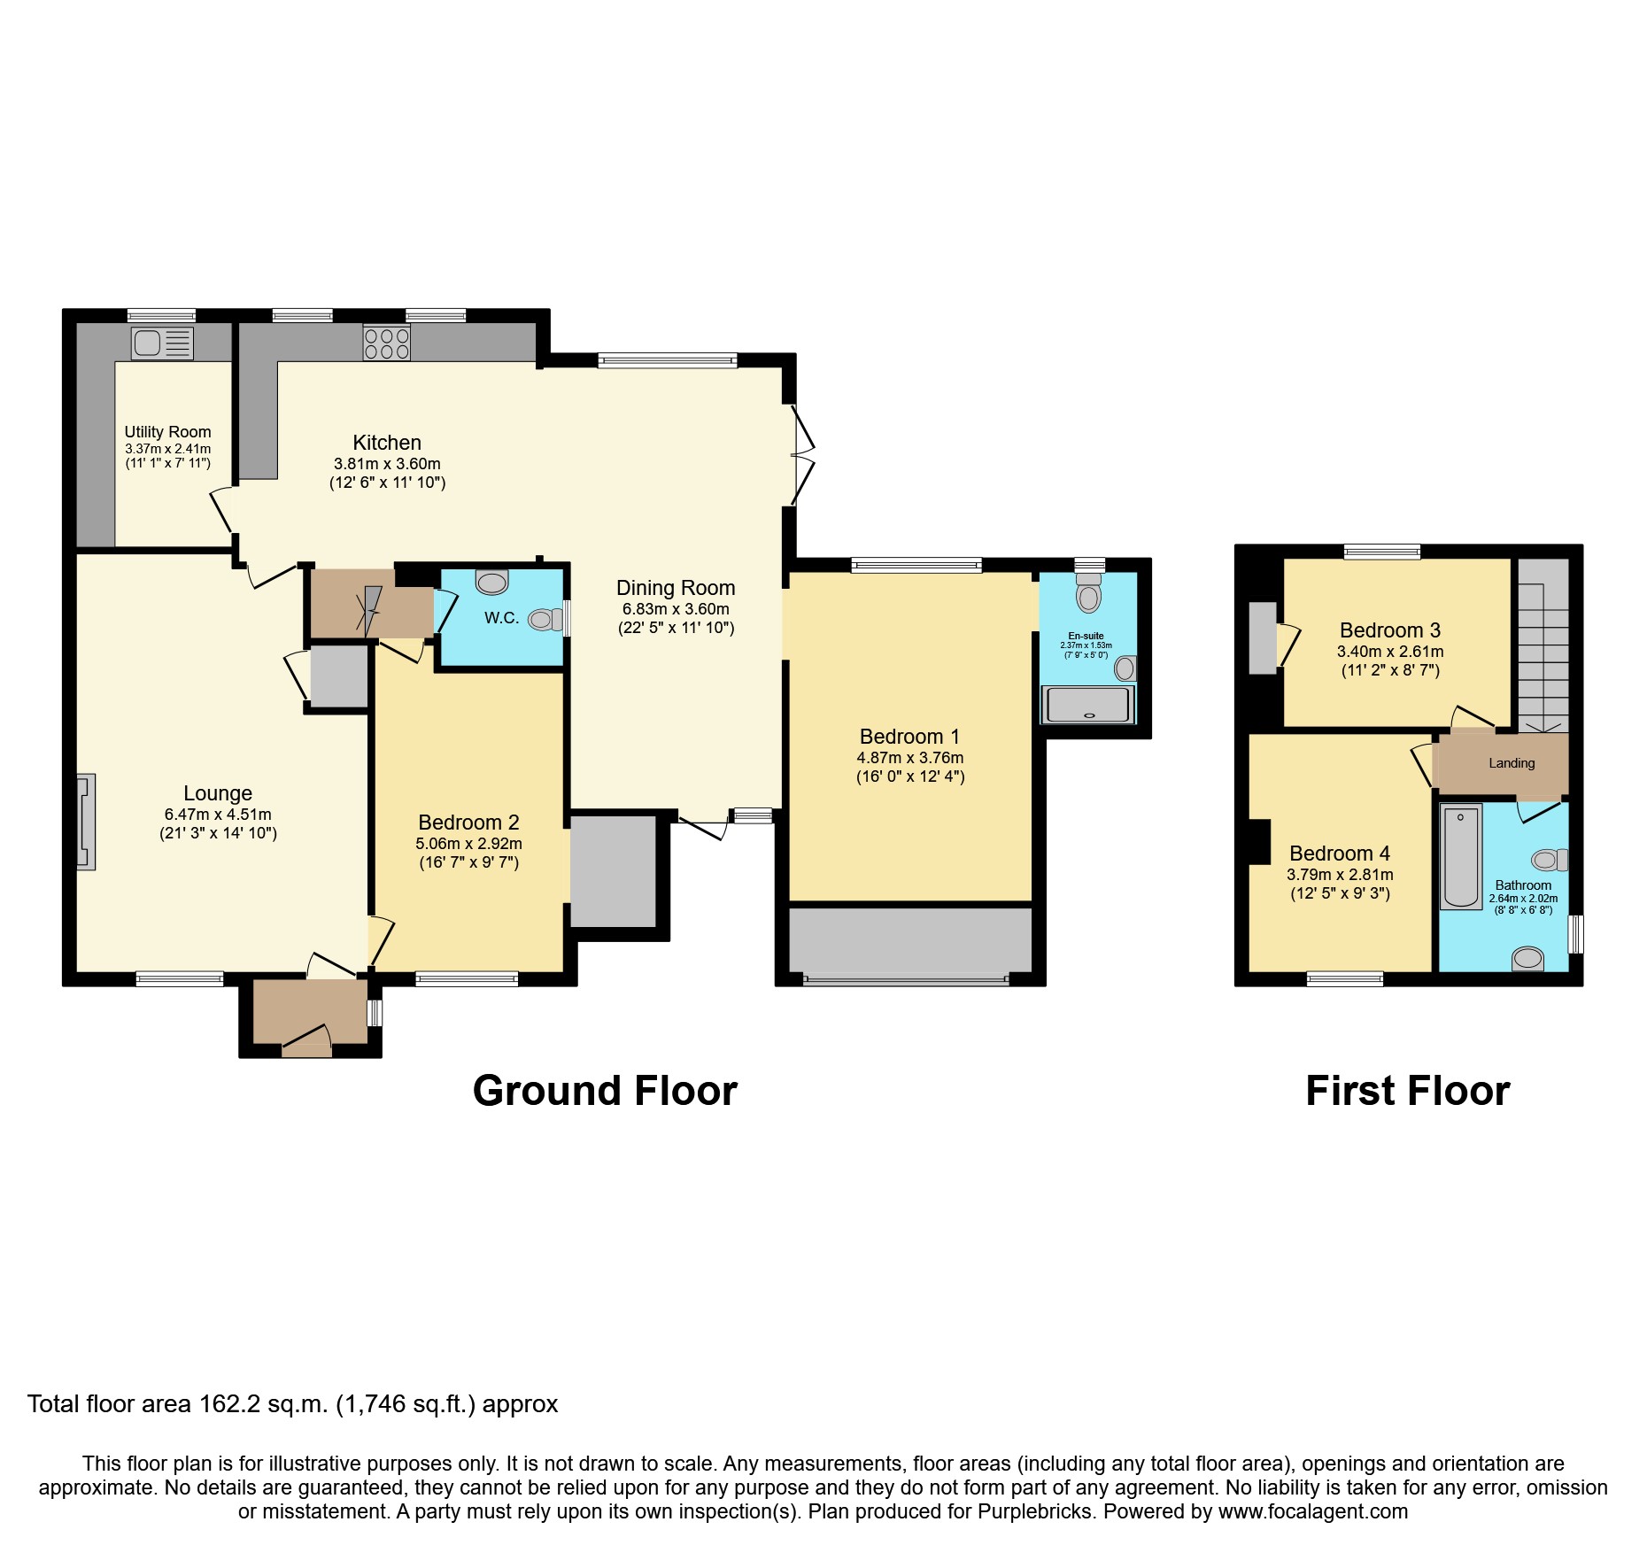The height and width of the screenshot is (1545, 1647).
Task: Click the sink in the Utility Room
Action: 162,343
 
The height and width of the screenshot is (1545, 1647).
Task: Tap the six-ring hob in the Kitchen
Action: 387,343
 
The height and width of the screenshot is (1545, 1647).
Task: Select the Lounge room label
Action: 218,793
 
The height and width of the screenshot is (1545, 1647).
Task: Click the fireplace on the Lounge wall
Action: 86,822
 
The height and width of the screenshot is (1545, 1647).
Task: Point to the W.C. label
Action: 501,618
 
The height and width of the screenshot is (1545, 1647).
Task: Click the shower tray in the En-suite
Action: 1087,706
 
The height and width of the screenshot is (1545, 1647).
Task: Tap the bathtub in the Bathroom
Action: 1460,856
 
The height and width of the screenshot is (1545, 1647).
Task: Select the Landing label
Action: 1512,763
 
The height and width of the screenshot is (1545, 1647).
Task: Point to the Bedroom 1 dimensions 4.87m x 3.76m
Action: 909,758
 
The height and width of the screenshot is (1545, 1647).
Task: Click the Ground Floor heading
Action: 605,1091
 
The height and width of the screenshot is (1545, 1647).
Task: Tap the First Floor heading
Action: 1407,1091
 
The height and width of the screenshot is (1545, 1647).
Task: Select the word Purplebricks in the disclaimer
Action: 1034,1511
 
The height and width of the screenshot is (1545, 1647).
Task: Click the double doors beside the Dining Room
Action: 802,456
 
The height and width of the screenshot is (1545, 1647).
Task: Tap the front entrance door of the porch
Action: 306,1042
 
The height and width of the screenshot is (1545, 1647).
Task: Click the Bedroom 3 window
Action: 1381,552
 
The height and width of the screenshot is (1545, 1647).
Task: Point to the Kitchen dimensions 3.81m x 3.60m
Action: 387,464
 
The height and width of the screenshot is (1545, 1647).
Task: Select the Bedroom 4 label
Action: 1339,854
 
